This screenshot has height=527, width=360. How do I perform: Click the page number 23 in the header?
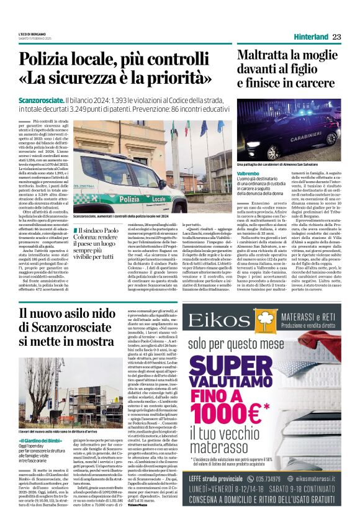point(336,37)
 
